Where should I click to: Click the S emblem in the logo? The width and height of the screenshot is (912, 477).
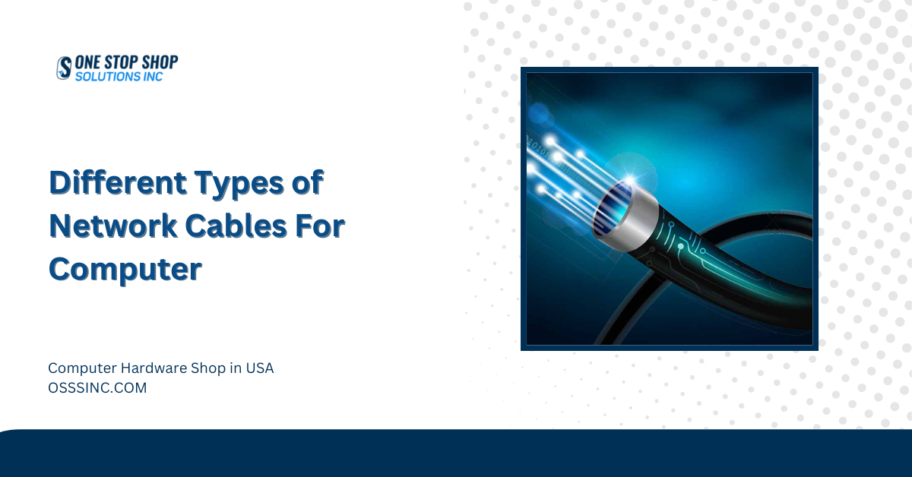(x=64, y=68)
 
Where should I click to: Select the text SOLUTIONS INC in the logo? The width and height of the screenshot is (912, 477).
(x=119, y=77)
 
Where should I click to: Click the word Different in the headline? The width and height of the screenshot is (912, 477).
(x=118, y=182)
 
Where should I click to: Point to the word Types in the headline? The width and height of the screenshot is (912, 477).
(x=239, y=184)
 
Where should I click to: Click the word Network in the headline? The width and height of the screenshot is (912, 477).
(x=113, y=226)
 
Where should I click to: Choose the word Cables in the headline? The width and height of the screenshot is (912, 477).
(x=236, y=226)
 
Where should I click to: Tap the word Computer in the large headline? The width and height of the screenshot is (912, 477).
(x=125, y=270)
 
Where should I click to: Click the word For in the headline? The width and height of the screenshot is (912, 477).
(x=320, y=226)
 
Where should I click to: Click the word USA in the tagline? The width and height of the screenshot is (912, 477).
(x=259, y=368)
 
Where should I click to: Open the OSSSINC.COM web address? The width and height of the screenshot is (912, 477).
(x=97, y=388)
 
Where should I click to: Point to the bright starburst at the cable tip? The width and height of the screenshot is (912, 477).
(x=630, y=179)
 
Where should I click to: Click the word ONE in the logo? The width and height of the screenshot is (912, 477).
(x=87, y=63)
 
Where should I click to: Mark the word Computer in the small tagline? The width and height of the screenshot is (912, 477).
(x=83, y=368)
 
